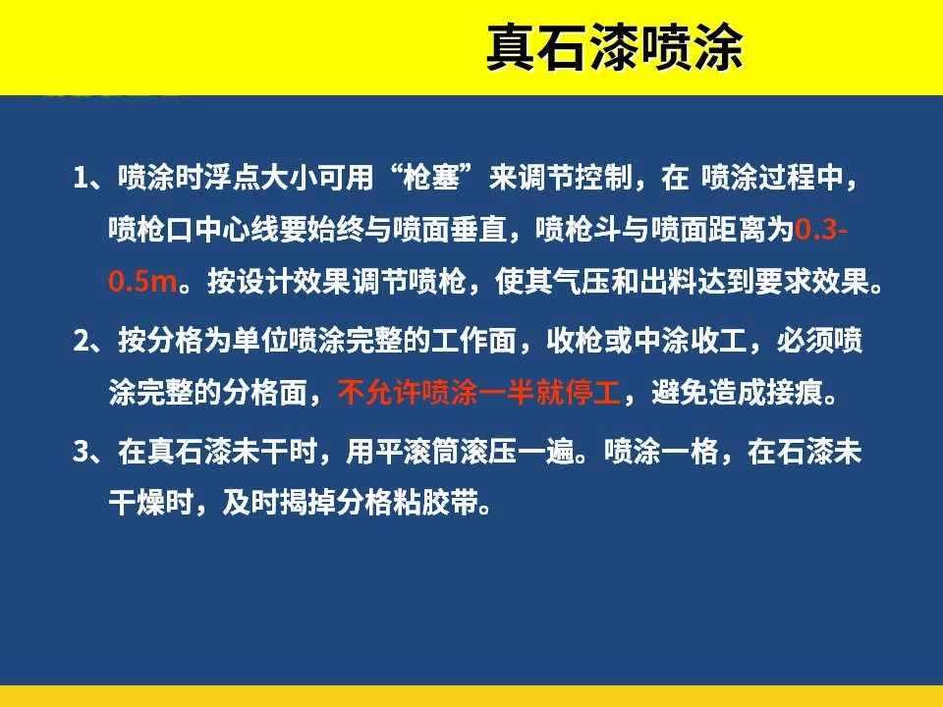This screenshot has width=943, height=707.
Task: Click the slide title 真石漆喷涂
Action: (x=615, y=47)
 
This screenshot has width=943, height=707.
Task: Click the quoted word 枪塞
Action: (x=431, y=178)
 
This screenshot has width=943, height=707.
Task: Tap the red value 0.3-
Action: (x=821, y=229)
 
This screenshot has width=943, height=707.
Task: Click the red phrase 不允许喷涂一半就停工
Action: (x=479, y=393)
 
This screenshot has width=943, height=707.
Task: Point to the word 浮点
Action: (x=233, y=178)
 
